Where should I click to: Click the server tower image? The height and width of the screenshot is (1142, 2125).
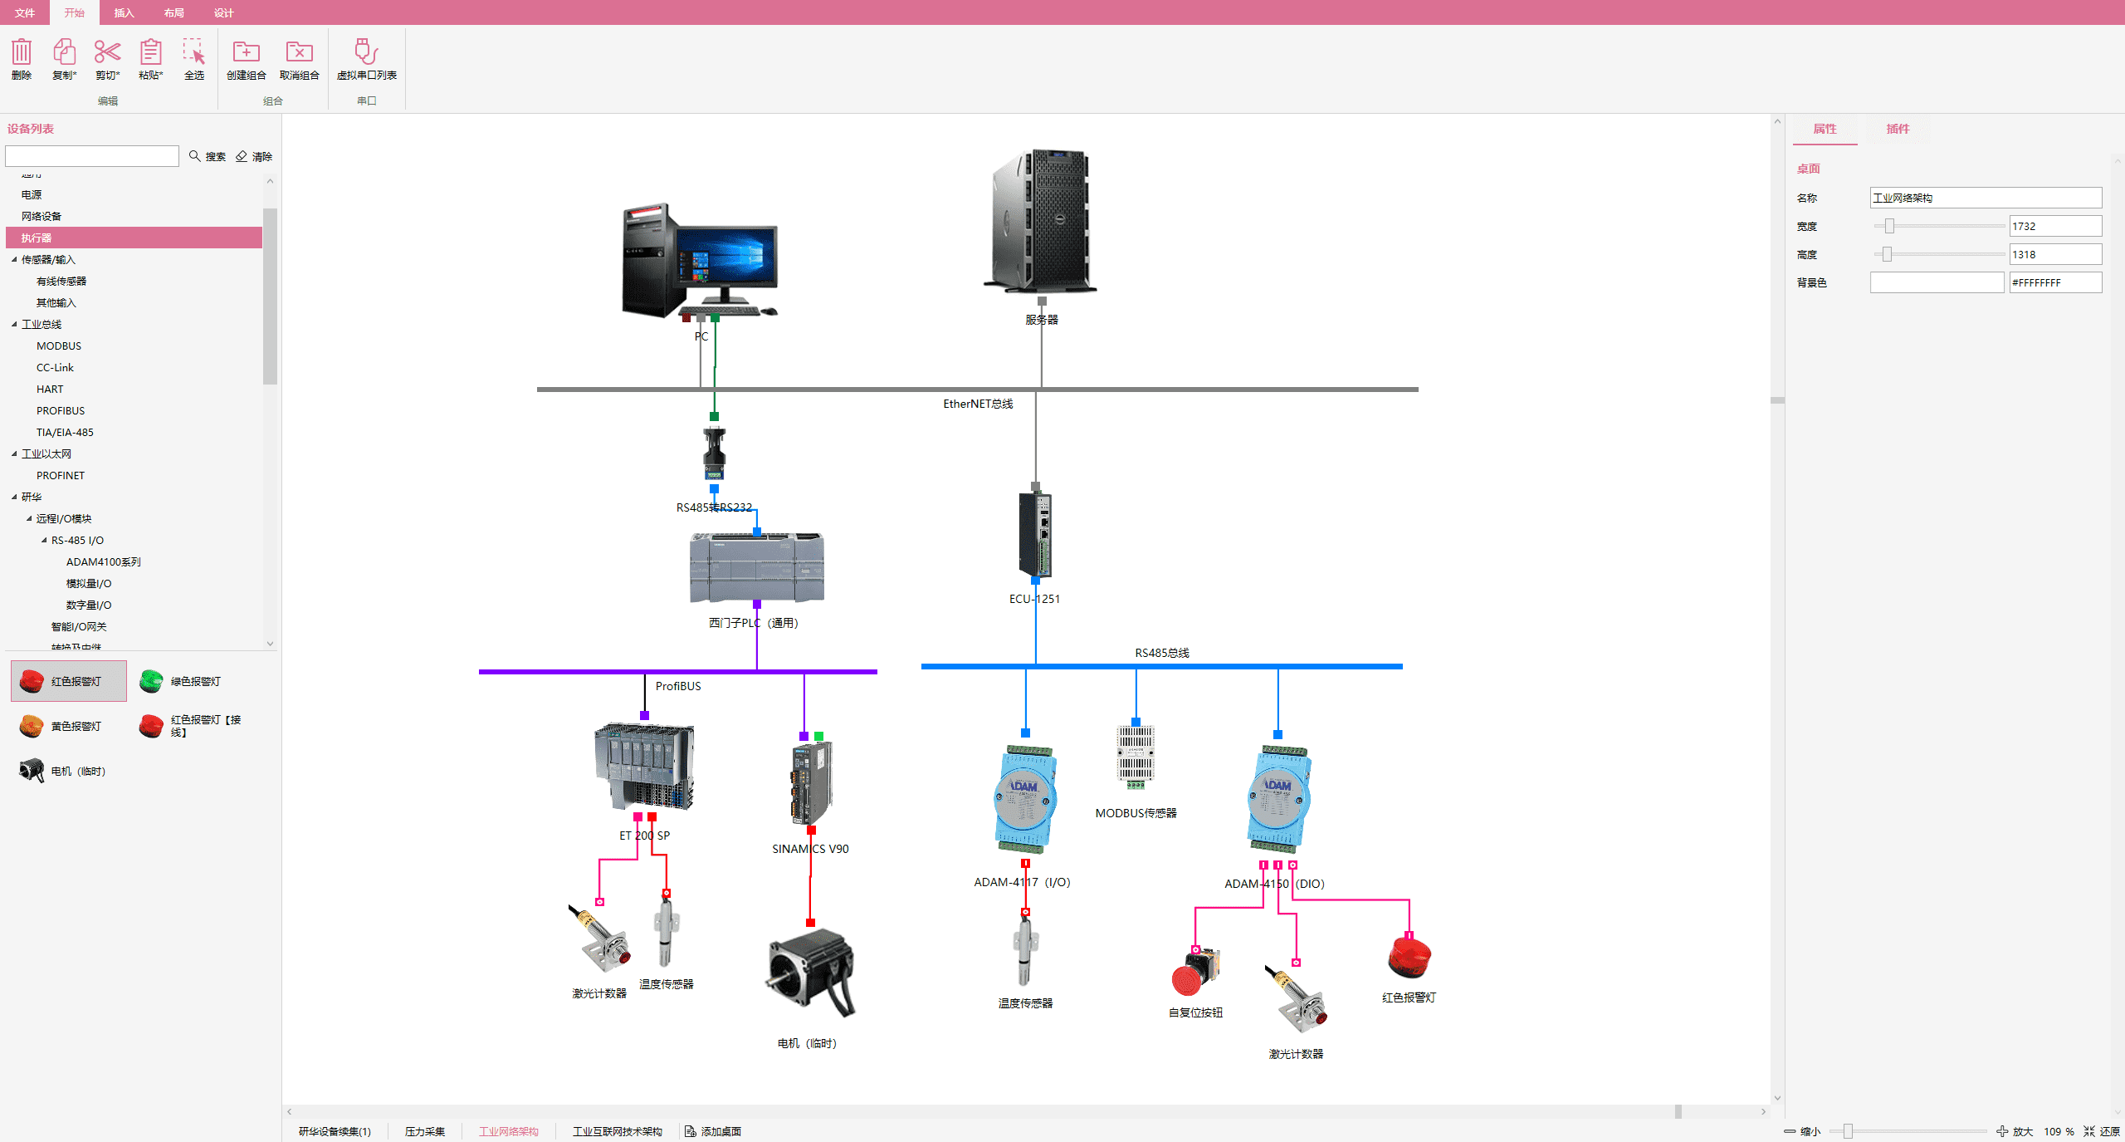(x=1041, y=220)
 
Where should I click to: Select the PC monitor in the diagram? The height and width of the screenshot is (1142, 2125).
(x=727, y=257)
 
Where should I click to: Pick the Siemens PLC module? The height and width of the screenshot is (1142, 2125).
(x=757, y=568)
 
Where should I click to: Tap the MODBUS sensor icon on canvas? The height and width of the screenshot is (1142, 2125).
(x=1136, y=755)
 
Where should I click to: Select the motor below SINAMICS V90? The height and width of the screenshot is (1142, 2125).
(x=810, y=973)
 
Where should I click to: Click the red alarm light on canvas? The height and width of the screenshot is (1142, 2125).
(x=1409, y=958)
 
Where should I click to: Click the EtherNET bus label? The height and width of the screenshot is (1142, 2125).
(x=978, y=404)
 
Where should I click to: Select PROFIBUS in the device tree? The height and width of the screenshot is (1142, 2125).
(x=61, y=411)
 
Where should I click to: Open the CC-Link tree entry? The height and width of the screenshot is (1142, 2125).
(x=55, y=368)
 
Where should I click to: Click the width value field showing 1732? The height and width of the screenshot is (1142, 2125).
(x=2054, y=226)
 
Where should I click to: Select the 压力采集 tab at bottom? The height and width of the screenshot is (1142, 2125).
(x=425, y=1131)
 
